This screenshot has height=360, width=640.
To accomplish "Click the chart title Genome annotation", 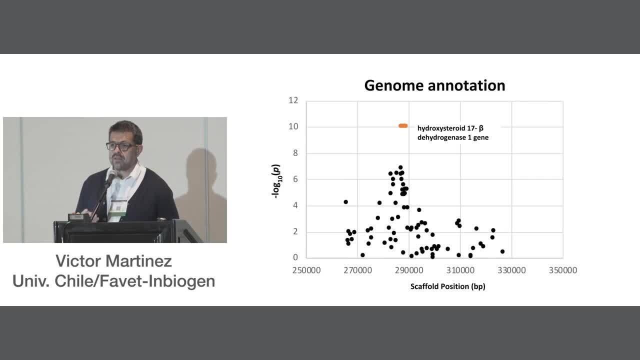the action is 434,85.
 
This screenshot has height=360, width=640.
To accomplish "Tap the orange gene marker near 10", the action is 403,125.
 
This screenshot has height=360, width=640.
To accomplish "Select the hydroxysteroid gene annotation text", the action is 453,133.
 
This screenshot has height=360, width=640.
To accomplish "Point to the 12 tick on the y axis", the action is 293,100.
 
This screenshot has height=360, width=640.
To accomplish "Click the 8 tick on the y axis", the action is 295,153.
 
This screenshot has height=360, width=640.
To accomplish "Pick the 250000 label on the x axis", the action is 306,270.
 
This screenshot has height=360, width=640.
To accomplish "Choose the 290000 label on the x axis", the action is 409,270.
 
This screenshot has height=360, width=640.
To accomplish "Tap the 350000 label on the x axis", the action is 563,270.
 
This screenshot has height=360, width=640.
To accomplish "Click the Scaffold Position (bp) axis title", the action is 447,286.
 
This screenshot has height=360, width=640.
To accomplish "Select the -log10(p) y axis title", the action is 276,181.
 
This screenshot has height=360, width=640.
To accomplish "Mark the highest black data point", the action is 400,167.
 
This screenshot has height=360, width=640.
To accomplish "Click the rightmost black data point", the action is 502,251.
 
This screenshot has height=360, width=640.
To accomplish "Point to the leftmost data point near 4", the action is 345,202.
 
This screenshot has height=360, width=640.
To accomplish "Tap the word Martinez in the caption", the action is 139,261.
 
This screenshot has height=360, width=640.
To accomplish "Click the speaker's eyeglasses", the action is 121,146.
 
